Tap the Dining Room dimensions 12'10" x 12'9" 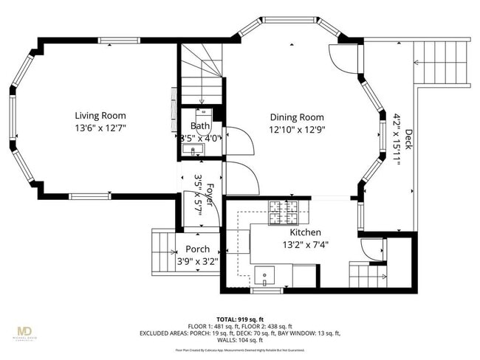pos(297,130)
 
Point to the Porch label pos(197,249)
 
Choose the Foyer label pos(210,195)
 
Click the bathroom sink pos(196,150)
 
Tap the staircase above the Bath pos(201,74)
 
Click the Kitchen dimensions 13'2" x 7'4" pos(305,245)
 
